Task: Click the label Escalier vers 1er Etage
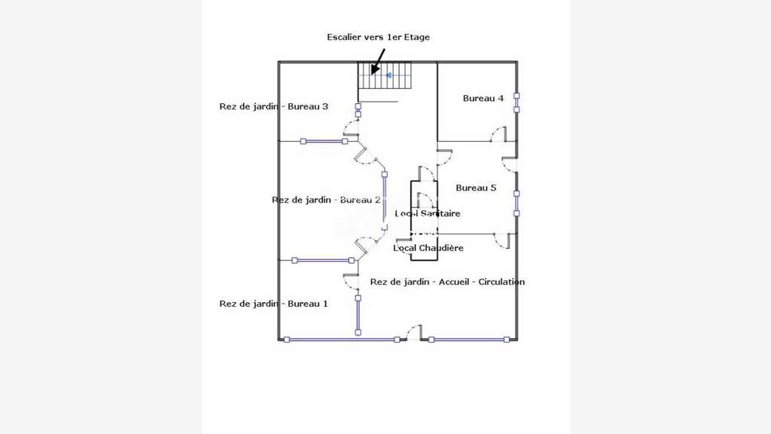(378, 37)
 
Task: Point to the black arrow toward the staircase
(378, 62)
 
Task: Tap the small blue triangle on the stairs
(389, 75)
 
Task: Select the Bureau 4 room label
(483, 99)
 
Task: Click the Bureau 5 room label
(476, 188)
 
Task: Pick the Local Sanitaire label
(428, 213)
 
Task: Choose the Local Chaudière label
(428, 248)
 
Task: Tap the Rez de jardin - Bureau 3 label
(273, 106)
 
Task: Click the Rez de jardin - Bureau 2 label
(326, 200)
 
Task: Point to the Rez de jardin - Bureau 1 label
(273, 304)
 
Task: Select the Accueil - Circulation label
(481, 282)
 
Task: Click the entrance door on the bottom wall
(414, 332)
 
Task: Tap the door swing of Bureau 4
(498, 134)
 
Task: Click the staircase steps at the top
(384, 75)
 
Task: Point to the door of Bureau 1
(351, 282)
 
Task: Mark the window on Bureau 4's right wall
(517, 102)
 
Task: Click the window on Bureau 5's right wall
(517, 203)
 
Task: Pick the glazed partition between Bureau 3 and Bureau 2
(324, 141)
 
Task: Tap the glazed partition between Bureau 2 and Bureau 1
(323, 260)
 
